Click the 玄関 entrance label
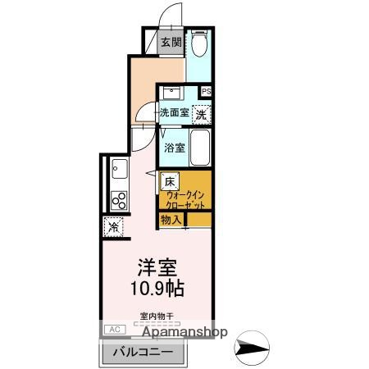point(171,43)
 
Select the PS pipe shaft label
point(206,92)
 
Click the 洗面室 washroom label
point(174,113)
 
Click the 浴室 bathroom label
point(174,148)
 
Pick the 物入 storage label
point(171,220)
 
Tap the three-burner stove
point(119,200)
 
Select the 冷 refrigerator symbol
point(112,227)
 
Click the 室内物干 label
point(155,316)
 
